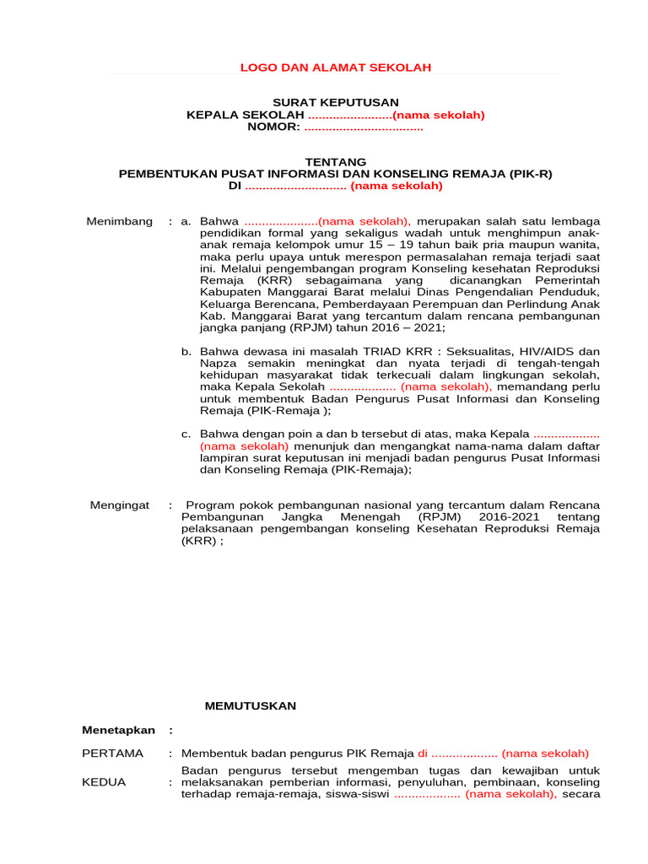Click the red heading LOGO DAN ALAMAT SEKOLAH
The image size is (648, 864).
(x=336, y=67)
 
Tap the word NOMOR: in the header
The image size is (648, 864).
(x=273, y=127)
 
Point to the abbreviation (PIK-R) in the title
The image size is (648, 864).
(x=531, y=174)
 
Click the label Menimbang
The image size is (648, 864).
(x=120, y=221)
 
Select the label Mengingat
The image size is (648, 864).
(x=120, y=505)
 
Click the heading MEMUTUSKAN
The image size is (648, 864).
(x=251, y=705)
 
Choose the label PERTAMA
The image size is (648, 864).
(x=112, y=753)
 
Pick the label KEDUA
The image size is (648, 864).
(x=104, y=782)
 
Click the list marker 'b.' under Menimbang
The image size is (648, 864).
(x=186, y=351)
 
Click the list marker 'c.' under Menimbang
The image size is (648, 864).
(x=186, y=434)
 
